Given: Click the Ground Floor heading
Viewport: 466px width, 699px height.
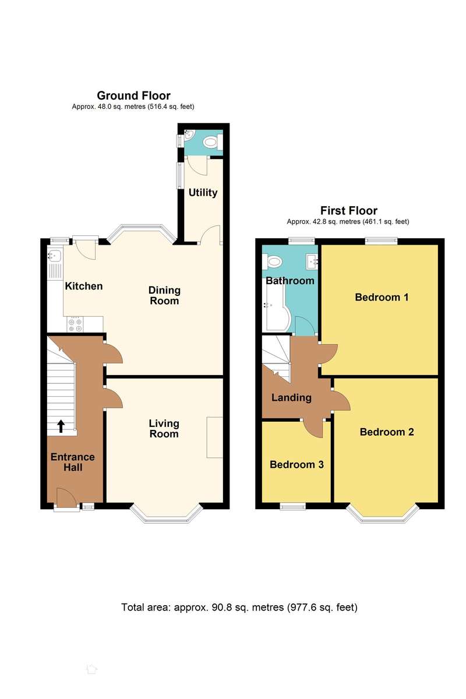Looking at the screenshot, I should [133, 96].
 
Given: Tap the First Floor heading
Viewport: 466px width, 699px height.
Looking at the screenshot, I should [349, 211].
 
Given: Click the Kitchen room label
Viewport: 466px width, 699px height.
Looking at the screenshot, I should [84, 286].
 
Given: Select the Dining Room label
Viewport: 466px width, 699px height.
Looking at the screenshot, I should [164, 295].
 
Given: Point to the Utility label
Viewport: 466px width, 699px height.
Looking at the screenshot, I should [203, 192].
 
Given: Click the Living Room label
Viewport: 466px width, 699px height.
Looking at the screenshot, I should [164, 428].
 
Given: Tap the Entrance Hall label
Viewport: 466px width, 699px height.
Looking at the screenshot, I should [72, 462].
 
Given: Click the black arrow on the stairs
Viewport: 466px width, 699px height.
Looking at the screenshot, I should [61, 426].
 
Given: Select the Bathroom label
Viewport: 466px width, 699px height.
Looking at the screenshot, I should [290, 280].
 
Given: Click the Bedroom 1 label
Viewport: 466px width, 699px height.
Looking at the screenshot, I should [382, 297].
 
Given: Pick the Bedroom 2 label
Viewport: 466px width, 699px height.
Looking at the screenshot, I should [387, 432].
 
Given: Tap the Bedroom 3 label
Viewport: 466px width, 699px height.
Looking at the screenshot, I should [296, 465].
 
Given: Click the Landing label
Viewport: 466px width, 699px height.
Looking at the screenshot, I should [291, 398].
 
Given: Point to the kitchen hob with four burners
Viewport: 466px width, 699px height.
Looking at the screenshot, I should [75, 324].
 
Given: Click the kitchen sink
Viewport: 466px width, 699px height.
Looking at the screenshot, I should [55, 256].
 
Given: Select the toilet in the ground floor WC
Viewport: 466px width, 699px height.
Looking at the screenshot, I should [210, 142].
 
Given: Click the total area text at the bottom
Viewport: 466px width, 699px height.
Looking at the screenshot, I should [239, 607].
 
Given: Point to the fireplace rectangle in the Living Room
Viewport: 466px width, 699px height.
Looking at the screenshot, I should [215, 437].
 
